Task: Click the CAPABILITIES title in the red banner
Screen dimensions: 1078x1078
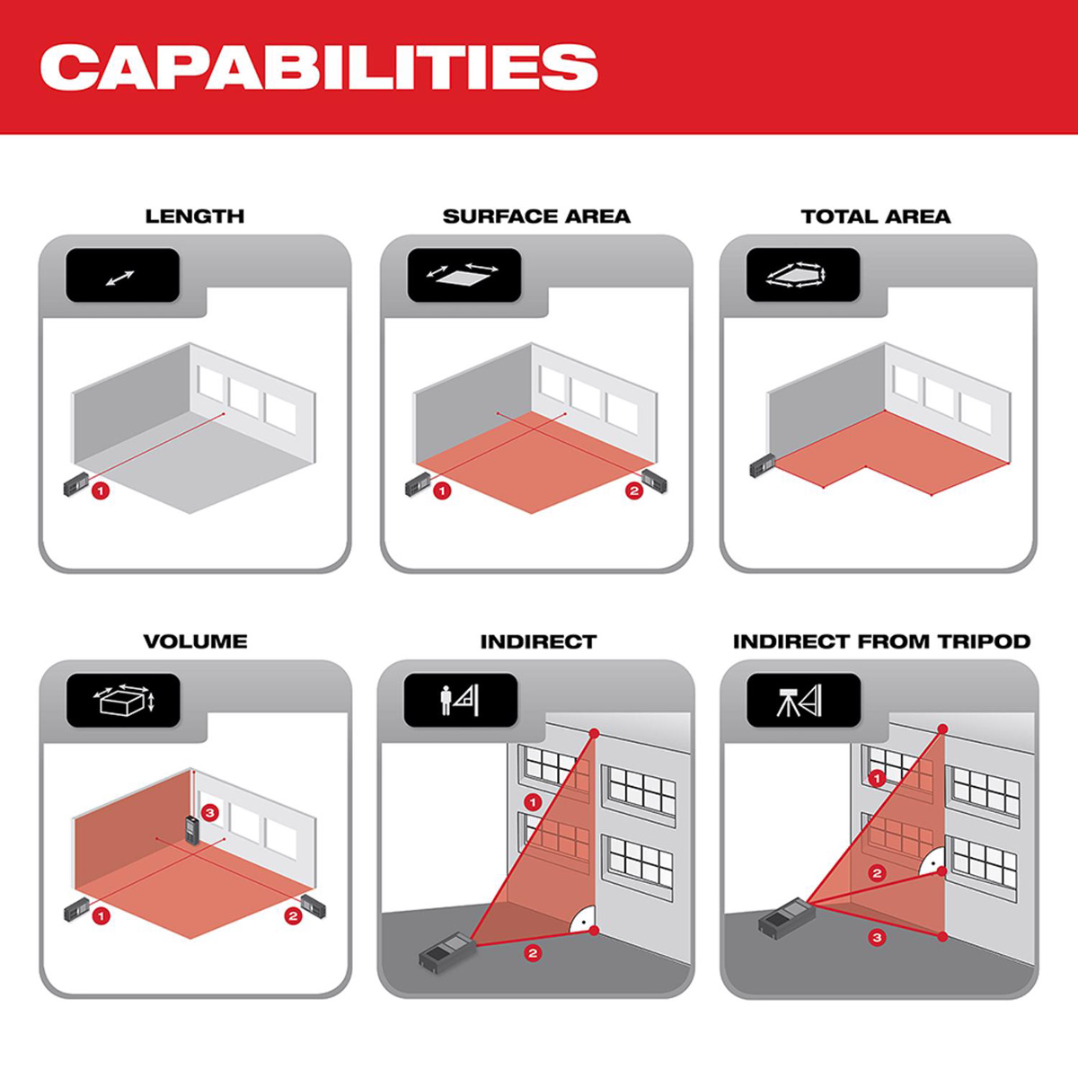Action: coord(319,67)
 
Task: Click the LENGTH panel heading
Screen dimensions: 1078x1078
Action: coord(195,216)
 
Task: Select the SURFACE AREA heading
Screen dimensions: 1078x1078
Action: coord(536,216)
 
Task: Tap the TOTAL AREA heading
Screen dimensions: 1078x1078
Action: coord(876,216)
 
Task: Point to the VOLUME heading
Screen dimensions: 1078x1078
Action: coord(195,641)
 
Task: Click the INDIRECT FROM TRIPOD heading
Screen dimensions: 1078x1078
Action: coord(881,641)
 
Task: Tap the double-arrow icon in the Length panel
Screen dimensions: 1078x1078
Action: coord(120,278)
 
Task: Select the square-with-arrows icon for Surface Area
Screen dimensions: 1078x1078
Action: coord(462,274)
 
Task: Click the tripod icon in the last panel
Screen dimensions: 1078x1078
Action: coord(789,702)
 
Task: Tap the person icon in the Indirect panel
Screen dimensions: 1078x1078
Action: coord(446,702)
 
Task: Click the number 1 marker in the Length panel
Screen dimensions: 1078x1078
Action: coord(101,491)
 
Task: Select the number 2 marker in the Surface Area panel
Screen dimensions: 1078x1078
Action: coord(634,491)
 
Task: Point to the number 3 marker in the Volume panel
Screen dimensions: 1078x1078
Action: coord(210,813)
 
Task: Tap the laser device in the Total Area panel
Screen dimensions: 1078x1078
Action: coord(763,465)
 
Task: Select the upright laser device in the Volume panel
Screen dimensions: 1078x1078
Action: coord(192,836)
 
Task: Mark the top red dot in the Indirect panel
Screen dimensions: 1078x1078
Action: coord(594,733)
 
